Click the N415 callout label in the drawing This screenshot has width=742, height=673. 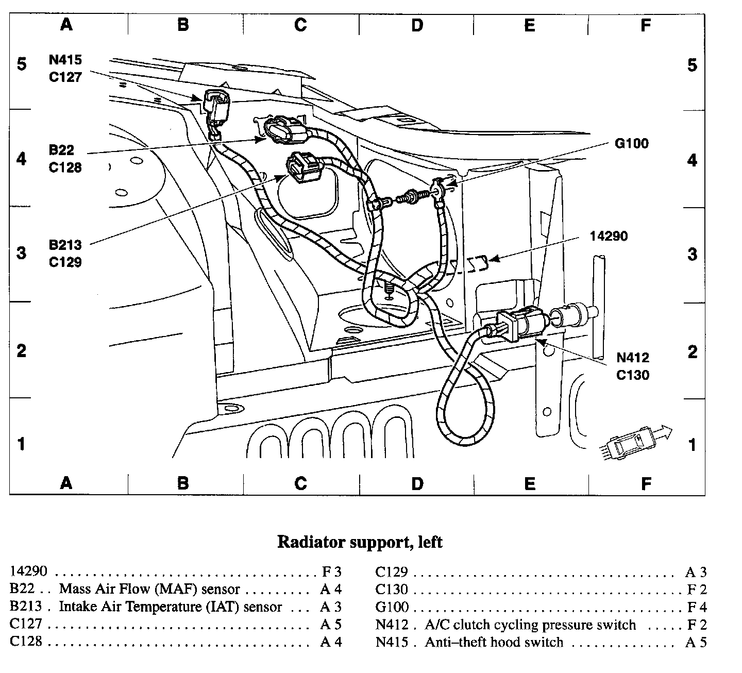coord(65,60)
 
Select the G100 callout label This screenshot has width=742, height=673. coord(632,143)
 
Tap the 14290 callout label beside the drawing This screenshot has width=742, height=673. coord(609,237)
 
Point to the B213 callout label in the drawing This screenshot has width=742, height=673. coord(65,245)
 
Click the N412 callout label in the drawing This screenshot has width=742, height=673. coord(633,358)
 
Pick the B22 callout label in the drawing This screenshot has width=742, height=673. coord(62,150)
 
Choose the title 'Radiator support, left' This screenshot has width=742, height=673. coord(360,542)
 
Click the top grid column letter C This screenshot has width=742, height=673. coord(300,25)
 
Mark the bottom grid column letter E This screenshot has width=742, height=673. coord(530,483)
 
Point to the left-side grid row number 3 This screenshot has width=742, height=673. coord(22,253)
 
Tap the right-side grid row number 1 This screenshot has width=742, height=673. coord(693,444)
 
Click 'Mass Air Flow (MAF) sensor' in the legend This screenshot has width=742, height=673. coord(149,589)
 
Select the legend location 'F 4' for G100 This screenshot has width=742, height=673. coord(697,607)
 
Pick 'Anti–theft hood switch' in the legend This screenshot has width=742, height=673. coord(494,643)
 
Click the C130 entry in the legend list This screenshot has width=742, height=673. coord(392,590)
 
